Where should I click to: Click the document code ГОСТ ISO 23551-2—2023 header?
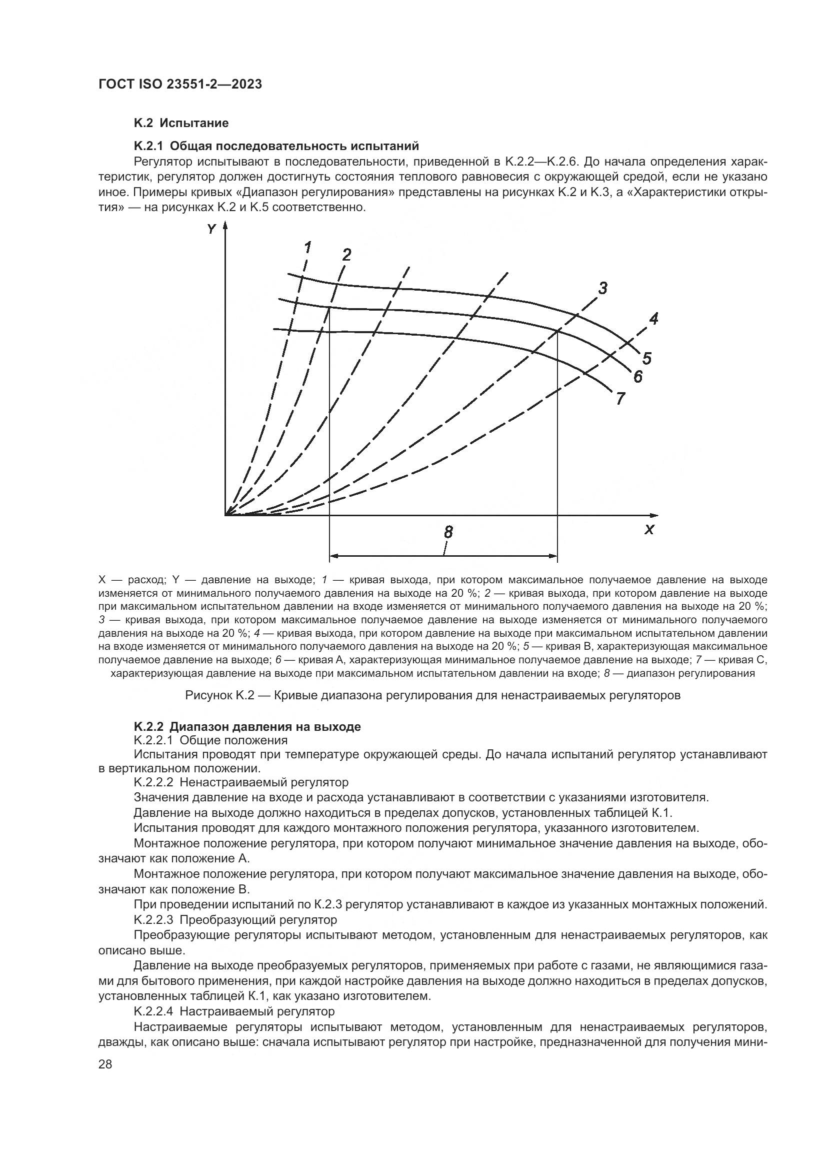click(180, 85)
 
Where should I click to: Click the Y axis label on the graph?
click(211, 230)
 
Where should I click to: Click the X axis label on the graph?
click(649, 530)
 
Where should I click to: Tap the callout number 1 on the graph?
click(307, 248)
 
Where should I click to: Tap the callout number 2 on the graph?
click(347, 254)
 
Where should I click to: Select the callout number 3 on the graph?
click(602, 289)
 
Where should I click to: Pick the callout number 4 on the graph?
click(654, 319)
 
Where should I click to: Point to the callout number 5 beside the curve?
click(646, 359)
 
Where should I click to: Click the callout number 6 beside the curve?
click(637, 377)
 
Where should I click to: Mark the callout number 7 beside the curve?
click(620, 398)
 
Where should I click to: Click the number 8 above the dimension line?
click(448, 533)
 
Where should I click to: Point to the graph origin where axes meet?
click(225, 515)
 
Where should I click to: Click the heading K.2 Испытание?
click(181, 123)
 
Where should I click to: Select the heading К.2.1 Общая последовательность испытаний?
click(276, 146)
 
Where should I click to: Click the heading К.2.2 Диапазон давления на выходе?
click(247, 727)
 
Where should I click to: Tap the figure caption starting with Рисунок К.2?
click(432, 695)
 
